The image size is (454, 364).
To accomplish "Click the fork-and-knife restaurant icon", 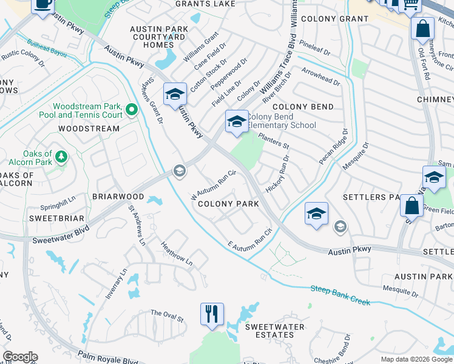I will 212,314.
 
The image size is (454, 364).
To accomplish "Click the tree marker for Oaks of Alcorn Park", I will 61,157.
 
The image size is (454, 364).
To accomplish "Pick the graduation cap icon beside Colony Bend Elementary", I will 236,122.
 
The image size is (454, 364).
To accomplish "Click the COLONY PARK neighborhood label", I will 229,204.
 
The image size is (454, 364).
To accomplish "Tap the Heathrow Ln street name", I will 176,254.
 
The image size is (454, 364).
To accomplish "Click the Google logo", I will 19,357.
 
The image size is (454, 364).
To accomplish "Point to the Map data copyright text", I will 416,359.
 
